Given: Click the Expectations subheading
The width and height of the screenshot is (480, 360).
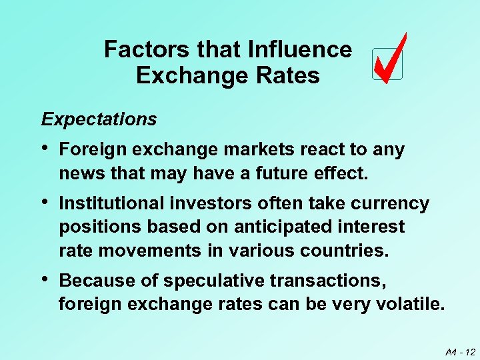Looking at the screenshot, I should tap(99, 119).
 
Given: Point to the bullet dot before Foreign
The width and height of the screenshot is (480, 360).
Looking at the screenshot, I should tap(45, 149).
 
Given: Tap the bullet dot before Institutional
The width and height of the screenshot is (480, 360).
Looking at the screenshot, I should tap(45, 203).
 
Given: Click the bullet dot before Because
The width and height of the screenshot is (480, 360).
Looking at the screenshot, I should tap(45, 280).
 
